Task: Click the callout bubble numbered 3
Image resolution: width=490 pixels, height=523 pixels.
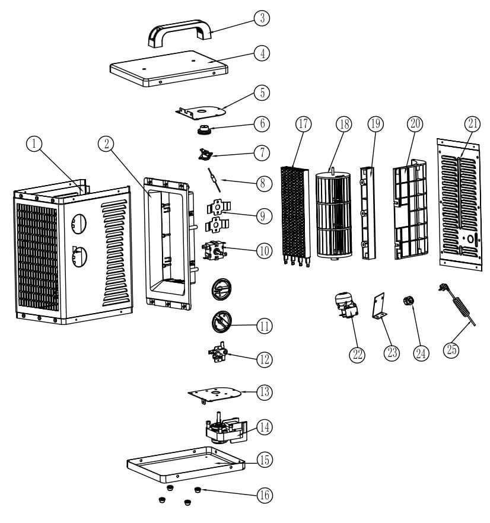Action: pyautogui.click(x=260, y=18)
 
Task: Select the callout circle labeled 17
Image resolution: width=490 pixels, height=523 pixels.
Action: pyautogui.click(x=303, y=124)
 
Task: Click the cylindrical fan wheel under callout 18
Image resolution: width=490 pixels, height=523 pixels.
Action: pyautogui.click(x=336, y=213)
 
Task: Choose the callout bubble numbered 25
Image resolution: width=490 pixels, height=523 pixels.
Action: pyautogui.click(x=451, y=350)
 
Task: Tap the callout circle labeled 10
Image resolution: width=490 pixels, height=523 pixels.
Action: pyautogui.click(x=263, y=250)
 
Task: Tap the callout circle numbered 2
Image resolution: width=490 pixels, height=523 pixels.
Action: pyautogui.click(x=107, y=144)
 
